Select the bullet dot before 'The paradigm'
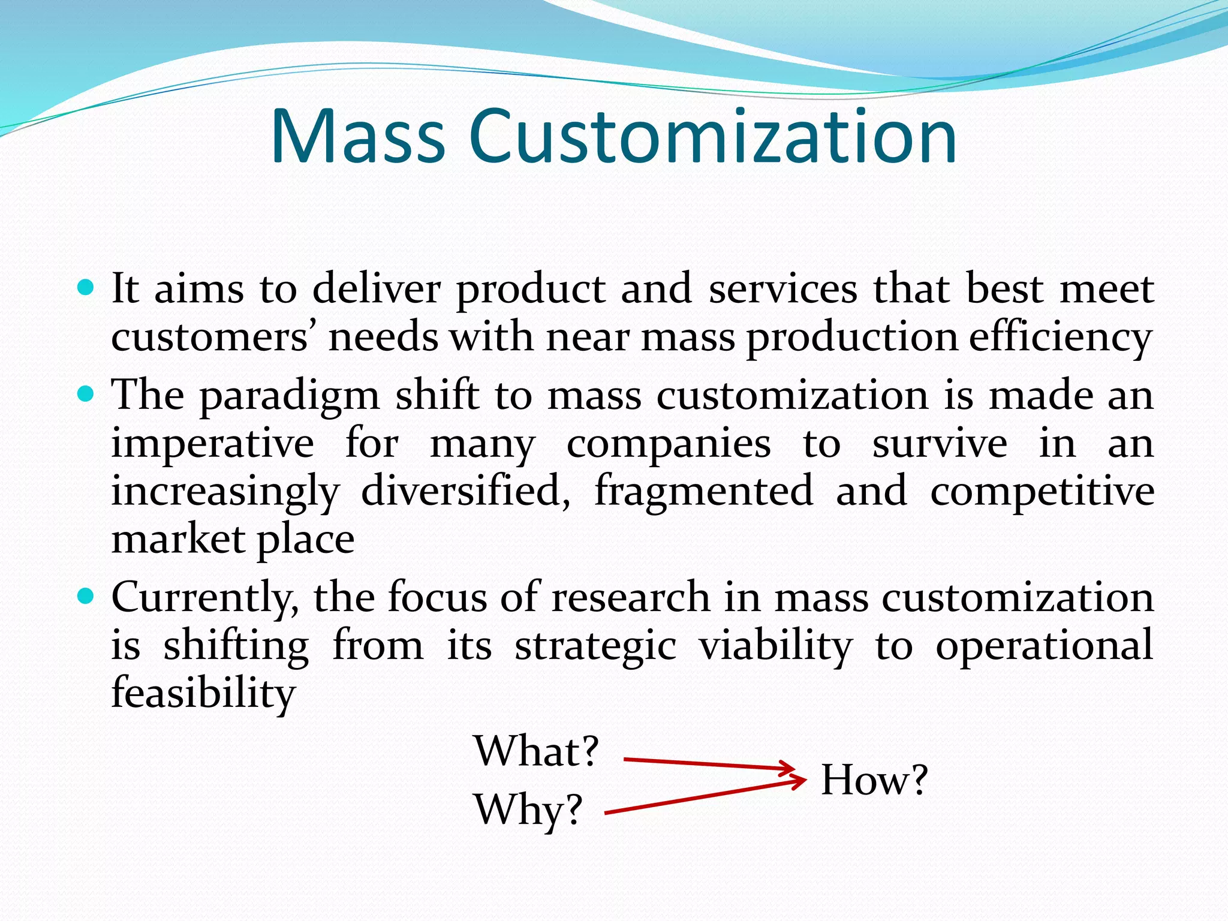pyautogui.click(x=86, y=395)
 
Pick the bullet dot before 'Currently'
pyautogui.click(x=86, y=597)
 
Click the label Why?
pyautogui.click(x=528, y=809)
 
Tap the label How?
pyautogui.click(x=874, y=780)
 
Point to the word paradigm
pyautogui.click(x=290, y=397)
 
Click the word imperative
pyautogui.click(x=213, y=445)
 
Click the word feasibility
pyautogui.click(x=203, y=693)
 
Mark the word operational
pyautogui.click(x=1044, y=646)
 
